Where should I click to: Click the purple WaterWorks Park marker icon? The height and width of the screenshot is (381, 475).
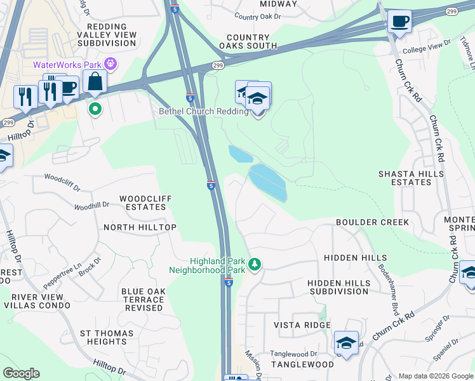point(111,64)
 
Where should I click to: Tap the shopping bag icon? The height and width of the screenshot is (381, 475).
point(95,82)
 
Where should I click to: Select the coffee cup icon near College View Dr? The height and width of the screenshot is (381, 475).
point(399,21)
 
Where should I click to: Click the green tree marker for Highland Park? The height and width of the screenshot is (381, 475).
point(255,264)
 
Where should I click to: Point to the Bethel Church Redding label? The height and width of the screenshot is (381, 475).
point(203,112)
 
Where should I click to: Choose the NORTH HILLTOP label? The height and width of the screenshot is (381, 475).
point(140,227)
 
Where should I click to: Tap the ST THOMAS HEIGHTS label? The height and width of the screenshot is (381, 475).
point(107,337)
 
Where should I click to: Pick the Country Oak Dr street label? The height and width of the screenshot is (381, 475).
point(257,17)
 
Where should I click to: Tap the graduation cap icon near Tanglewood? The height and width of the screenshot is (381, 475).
point(346,343)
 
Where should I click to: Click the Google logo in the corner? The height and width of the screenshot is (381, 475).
point(22,373)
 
